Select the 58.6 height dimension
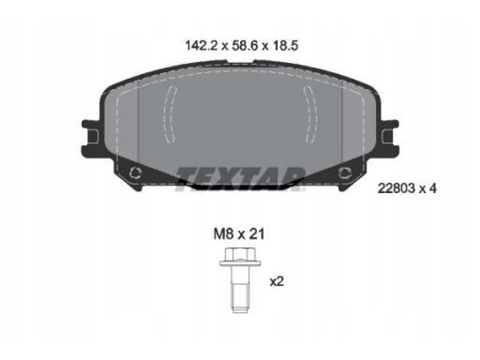point(245,46)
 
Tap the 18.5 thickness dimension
point(286,46)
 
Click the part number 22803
point(397,188)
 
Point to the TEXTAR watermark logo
point(240,179)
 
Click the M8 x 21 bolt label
point(239,234)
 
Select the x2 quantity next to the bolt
point(277,282)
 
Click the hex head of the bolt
point(240,254)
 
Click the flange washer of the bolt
point(240,263)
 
